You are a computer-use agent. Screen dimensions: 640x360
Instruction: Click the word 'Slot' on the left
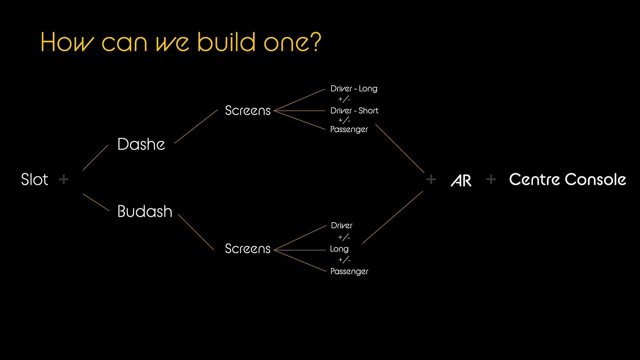(35, 179)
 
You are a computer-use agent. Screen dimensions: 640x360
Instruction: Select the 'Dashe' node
(141, 144)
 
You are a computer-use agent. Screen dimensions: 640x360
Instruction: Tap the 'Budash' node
(145, 211)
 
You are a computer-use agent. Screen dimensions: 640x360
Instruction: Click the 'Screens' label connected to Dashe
(247, 110)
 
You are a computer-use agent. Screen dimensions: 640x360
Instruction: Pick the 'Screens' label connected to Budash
(247, 249)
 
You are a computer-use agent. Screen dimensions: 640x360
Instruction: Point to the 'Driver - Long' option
(354, 89)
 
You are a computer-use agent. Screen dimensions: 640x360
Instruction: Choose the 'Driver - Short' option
(354, 110)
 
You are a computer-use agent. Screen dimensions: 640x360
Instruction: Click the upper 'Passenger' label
(349, 129)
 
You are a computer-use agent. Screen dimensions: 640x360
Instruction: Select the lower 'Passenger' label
(349, 272)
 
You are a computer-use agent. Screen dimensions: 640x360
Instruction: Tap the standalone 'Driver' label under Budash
(342, 226)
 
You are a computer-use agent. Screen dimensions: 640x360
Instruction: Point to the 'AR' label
(461, 181)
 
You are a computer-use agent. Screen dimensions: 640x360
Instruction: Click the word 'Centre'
(534, 179)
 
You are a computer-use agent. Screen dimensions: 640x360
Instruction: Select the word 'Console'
(596, 179)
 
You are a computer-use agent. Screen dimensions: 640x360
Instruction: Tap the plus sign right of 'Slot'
(64, 179)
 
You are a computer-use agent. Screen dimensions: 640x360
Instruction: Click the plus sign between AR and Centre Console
(491, 179)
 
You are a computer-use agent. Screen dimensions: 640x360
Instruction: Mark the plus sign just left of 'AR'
(431, 179)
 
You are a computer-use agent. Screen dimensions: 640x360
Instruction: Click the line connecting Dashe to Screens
(196, 126)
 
